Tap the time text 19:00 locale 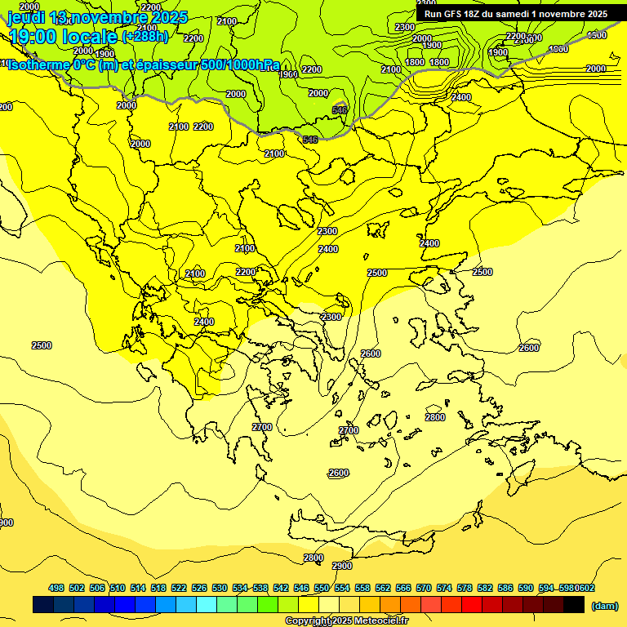(x=62, y=36)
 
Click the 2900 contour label (x=342, y=566)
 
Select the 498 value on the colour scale (x=56, y=588)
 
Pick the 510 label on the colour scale (x=118, y=588)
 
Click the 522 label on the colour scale (x=179, y=588)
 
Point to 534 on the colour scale (x=240, y=588)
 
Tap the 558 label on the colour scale (x=362, y=588)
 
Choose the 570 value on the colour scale (x=424, y=588)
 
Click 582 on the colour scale (x=485, y=588)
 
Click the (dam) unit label (x=604, y=605)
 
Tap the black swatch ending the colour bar (x=574, y=604)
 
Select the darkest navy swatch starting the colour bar (x=43, y=604)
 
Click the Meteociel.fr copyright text (x=346, y=621)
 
